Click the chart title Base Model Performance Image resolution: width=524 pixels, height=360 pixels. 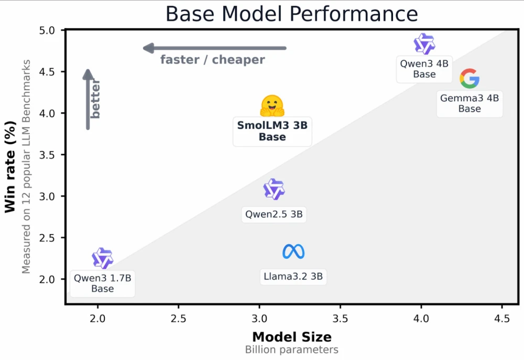(x=291, y=14)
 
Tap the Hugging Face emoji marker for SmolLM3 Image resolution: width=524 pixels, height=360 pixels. (x=272, y=106)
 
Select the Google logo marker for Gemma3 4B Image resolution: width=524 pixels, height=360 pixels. (x=470, y=79)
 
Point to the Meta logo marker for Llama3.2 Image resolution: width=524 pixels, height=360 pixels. (x=293, y=252)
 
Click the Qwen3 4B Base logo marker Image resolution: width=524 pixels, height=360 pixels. (x=424, y=44)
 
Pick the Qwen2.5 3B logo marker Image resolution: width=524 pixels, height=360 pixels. (x=274, y=189)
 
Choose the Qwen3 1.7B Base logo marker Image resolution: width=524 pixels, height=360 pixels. (x=102, y=258)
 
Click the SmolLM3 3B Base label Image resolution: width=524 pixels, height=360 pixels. (x=272, y=131)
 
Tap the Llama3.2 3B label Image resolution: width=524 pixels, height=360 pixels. (x=293, y=276)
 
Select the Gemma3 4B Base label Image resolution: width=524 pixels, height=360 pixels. (x=470, y=103)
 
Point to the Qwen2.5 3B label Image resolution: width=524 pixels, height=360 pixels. (x=274, y=214)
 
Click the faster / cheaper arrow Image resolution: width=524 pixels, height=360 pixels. (x=215, y=48)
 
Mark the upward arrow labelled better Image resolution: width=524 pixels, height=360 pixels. (x=88, y=99)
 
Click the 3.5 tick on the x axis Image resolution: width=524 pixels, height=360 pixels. (x=340, y=318)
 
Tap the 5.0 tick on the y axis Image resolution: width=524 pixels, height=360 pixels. (x=50, y=30)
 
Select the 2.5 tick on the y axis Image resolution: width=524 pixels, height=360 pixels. (x=50, y=238)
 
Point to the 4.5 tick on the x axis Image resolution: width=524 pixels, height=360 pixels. (x=502, y=318)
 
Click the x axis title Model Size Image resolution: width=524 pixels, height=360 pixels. (x=292, y=337)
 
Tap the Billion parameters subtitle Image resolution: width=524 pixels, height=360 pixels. (x=292, y=350)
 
